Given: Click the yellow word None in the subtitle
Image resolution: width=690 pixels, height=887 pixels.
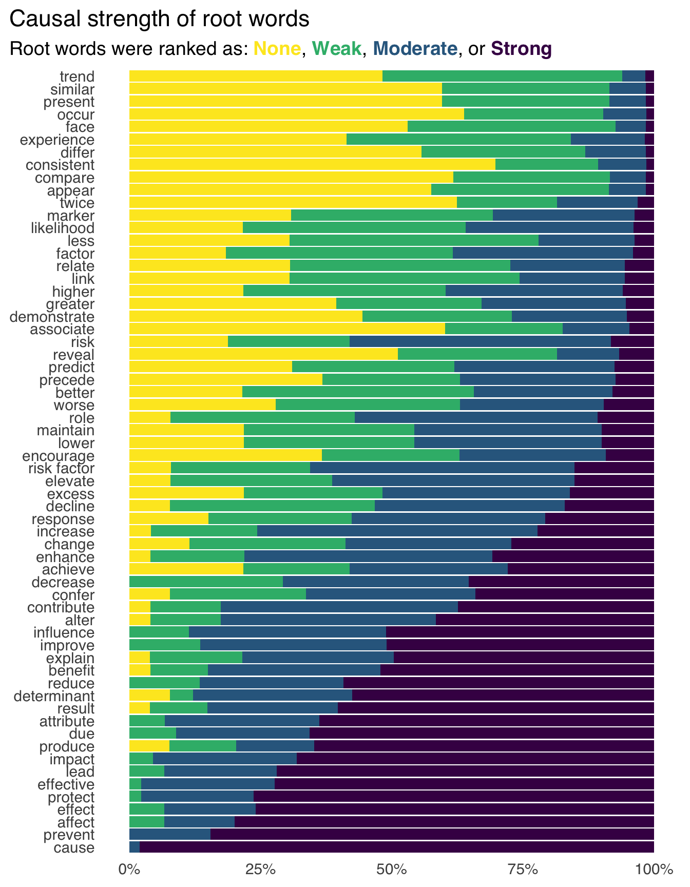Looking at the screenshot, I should pos(277,49).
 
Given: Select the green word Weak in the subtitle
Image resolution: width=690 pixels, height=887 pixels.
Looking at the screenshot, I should pos(337,49).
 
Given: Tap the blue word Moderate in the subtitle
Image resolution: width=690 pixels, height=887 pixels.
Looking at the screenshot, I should pos(415,49).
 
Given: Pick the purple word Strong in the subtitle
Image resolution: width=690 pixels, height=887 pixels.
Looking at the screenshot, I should pos(521,49).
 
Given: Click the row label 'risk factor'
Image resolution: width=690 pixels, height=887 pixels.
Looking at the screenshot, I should pos(62,468).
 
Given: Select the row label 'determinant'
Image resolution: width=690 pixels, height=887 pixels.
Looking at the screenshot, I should pos(54,696).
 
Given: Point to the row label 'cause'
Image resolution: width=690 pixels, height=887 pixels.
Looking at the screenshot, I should pos(74,847).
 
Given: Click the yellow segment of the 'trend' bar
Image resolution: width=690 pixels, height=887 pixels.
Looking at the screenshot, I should pos(256,76).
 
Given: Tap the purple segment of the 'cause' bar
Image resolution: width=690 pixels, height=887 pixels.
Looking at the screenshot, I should pos(396,847).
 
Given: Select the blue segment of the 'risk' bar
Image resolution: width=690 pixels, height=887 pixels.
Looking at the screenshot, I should pos(480,341).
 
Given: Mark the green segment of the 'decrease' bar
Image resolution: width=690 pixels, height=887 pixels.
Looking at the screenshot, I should pos(206,582).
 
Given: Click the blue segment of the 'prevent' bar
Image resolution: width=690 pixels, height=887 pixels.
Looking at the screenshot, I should pos(169,835).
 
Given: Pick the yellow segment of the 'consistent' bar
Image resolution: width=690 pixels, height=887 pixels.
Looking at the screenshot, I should pos(312,165).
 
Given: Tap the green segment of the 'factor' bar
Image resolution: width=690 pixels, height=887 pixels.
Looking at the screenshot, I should pos(339,253).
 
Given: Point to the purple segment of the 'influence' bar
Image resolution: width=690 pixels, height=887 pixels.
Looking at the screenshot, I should pos(520,632).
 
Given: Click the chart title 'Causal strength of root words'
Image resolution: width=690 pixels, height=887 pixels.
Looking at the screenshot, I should pos(160,20).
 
